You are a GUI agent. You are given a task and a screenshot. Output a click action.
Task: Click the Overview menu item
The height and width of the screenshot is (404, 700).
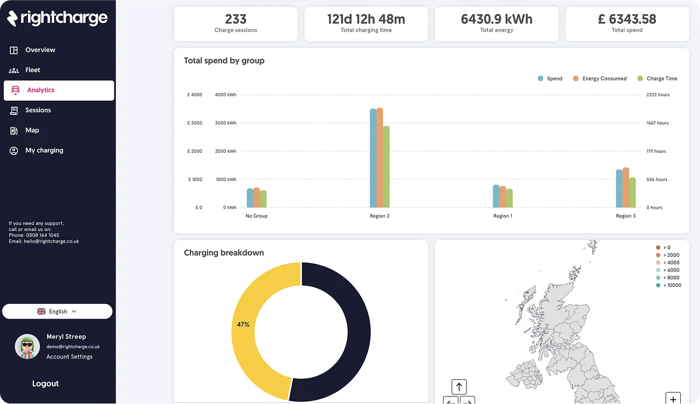pyautogui.click(x=40, y=50)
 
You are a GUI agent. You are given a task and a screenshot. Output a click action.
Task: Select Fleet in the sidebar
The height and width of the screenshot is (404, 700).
pyautogui.click(x=32, y=70)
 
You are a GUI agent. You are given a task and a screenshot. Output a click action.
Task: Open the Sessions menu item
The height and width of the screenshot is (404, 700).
pyautogui.click(x=38, y=110)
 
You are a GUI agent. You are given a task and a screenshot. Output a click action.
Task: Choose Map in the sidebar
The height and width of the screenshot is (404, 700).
pyautogui.click(x=32, y=130)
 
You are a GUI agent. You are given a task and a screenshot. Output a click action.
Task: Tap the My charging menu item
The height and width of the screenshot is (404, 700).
pyautogui.click(x=44, y=151)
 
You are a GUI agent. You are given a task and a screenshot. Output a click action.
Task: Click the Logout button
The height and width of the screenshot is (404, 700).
pyautogui.click(x=45, y=384)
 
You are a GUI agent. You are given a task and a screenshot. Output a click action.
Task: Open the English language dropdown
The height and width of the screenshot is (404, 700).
pyautogui.click(x=57, y=311)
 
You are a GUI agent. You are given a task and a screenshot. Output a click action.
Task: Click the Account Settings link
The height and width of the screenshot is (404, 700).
pyautogui.click(x=69, y=357)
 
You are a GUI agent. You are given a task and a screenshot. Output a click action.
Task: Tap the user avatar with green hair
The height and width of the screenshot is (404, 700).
pyautogui.click(x=27, y=347)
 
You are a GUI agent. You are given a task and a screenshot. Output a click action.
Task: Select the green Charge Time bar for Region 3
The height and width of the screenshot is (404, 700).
pyautogui.click(x=632, y=192)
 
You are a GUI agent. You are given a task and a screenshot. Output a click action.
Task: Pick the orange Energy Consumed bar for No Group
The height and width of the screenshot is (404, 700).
pyautogui.click(x=256, y=198)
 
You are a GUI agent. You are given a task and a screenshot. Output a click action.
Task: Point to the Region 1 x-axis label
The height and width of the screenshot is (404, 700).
pyautogui.click(x=503, y=216)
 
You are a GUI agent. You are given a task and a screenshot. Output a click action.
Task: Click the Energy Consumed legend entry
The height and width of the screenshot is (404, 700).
pyautogui.click(x=604, y=79)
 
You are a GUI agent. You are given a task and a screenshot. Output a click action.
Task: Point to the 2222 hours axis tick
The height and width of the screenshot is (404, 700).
pyautogui.click(x=658, y=95)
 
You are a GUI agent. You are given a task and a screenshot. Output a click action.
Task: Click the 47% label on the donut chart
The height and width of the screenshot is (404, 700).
pyautogui.click(x=243, y=325)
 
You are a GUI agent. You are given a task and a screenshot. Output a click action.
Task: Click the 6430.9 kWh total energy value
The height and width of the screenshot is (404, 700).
pyautogui.click(x=497, y=19)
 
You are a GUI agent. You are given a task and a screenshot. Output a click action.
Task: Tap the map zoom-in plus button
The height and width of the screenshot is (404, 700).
pyautogui.click(x=673, y=399)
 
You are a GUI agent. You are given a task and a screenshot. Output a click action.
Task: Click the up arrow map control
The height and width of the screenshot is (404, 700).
pyautogui.click(x=459, y=387)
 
